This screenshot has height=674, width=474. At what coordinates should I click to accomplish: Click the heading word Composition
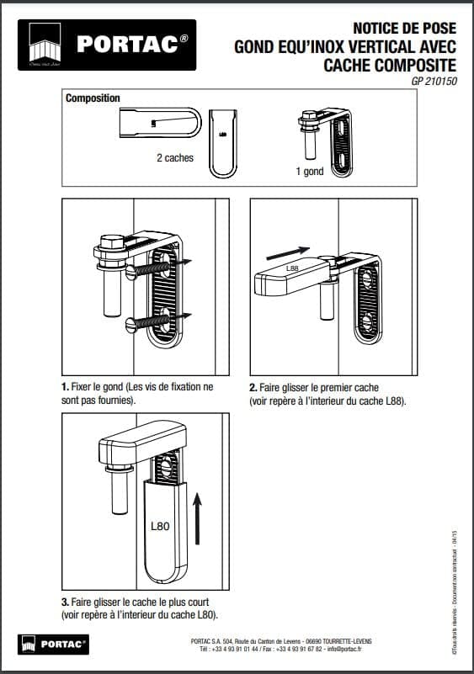coord(93,98)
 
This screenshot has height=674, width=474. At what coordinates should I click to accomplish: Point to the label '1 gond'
coord(309,171)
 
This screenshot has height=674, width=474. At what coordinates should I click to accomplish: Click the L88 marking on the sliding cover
coord(293,268)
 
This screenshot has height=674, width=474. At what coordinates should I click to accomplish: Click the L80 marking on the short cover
coord(160,526)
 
